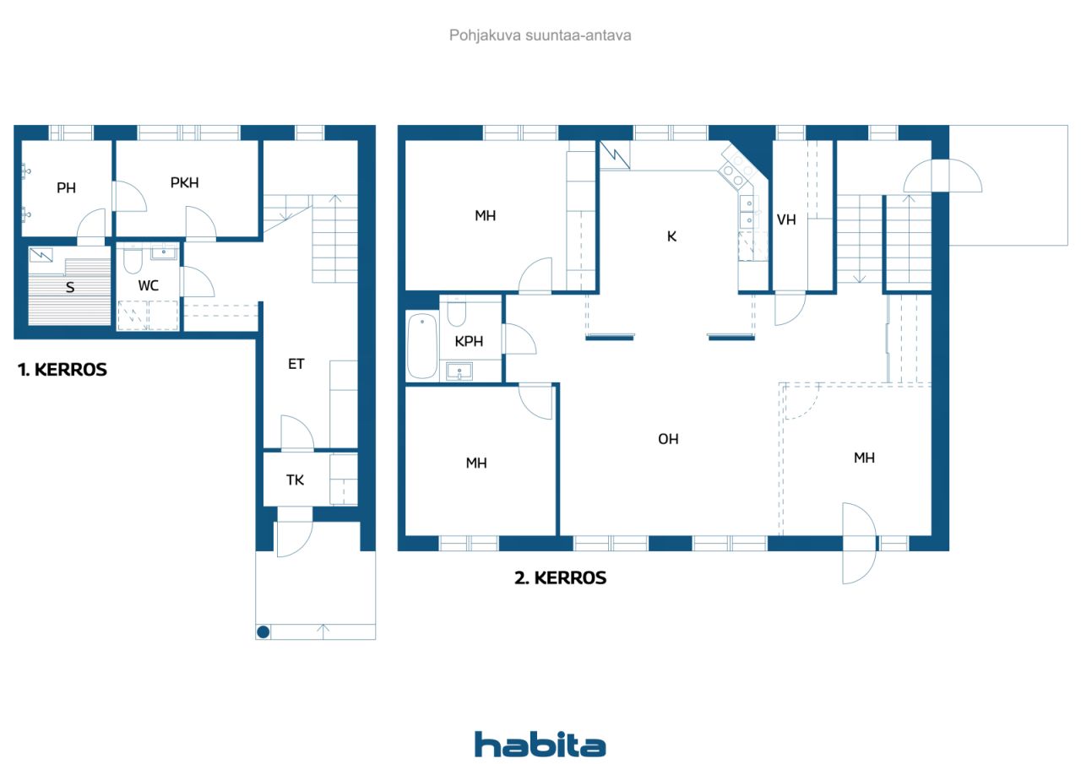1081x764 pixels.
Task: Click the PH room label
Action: pos(66,187)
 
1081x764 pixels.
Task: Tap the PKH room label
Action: pos(184,183)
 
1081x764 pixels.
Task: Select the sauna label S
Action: pos(70,288)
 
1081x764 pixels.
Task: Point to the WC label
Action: pos(148,285)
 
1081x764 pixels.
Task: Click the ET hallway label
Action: pos(296,364)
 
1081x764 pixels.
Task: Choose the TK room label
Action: pos(295,480)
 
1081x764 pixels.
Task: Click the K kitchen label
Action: pos(671,236)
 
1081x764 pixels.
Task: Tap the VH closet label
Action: pos(786,220)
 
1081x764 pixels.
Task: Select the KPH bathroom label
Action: pos(469,342)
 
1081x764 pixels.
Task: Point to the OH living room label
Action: pos(668,439)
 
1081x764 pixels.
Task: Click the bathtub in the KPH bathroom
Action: pos(422,345)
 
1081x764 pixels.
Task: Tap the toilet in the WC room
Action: pos(133,259)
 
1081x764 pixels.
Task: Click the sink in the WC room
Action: pos(164,252)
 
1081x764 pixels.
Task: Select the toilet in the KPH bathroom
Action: pos(457,312)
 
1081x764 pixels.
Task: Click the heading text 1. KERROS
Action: pos(62,370)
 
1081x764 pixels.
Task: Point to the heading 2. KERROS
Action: pos(560,577)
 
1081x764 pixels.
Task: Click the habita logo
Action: pos(540,745)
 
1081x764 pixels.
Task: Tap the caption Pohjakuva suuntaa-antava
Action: pos(540,35)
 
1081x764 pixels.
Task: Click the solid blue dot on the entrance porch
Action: pos(263,631)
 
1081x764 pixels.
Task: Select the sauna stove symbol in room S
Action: pos(41,255)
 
